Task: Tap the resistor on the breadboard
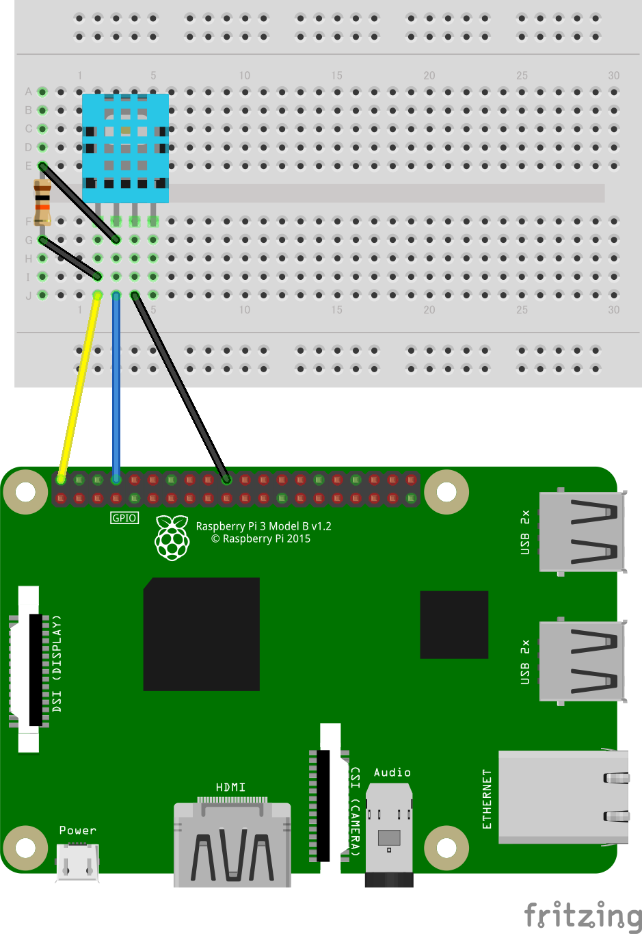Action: [x=42, y=203]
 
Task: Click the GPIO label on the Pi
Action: [x=124, y=518]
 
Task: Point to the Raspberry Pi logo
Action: [x=172, y=538]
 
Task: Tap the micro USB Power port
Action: [x=77, y=861]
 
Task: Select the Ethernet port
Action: [x=563, y=796]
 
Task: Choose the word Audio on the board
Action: [x=392, y=773]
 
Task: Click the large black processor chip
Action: [x=201, y=634]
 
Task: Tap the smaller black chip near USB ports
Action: [x=454, y=624]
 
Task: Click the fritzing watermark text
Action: [x=583, y=915]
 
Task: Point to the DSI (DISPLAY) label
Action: [x=57, y=663]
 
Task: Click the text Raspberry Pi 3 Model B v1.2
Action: [x=263, y=526]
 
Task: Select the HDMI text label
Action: [x=230, y=788]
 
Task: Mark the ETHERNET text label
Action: [x=487, y=799]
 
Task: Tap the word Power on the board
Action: [x=77, y=830]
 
